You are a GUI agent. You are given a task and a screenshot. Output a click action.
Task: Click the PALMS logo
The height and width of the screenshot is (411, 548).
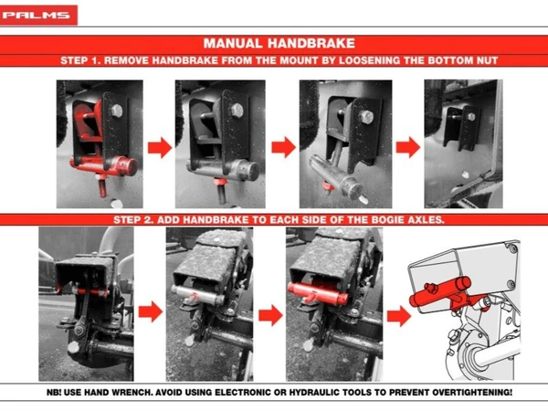coord(38,15)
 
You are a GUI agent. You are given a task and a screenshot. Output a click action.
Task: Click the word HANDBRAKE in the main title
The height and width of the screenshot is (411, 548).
coord(311,43)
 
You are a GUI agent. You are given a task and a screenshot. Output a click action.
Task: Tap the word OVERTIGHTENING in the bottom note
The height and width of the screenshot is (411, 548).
coord(472,392)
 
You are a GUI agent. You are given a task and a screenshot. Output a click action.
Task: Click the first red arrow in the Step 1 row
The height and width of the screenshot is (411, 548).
coord(159,147)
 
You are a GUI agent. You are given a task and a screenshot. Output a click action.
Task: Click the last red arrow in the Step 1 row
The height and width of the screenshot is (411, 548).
coord(408,147)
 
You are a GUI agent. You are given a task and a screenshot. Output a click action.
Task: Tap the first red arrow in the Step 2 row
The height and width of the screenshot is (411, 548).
coord(151,311)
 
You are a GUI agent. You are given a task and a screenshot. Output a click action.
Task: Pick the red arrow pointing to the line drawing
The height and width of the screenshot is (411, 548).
coord(399,316)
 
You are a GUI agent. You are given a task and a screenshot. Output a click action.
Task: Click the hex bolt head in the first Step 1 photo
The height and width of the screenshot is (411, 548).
coord(117,111)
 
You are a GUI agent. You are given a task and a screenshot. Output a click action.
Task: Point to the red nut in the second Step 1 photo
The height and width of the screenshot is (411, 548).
coord(220,181)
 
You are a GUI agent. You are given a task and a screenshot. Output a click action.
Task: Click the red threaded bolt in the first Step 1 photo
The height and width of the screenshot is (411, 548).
coord(101,186)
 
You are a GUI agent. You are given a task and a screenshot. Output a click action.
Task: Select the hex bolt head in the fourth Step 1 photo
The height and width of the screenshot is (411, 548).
coord(471,117)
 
